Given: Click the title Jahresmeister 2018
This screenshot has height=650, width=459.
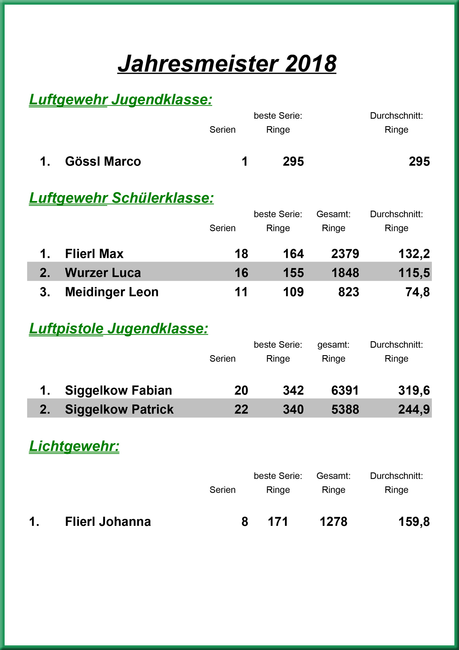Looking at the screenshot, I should (x=227, y=64).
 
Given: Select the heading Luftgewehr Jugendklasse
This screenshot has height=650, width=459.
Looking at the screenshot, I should (x=121, y=100).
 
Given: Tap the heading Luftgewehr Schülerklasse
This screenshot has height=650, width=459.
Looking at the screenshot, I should (x=121, y=198).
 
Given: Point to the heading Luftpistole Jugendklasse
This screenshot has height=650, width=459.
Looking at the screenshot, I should (x=118, y=329).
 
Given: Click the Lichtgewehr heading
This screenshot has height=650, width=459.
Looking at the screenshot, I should (x=74, y=446).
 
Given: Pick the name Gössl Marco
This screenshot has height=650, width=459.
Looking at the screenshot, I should (x=103, y=161).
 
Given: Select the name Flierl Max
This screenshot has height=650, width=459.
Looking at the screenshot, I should (x=94, y=254).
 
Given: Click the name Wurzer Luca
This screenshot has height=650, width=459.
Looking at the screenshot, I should (x=103, y=273).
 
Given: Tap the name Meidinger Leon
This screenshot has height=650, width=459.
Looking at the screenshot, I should (x=112, y=292).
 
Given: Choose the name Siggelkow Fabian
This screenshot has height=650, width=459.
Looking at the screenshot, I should (x=118, y=391).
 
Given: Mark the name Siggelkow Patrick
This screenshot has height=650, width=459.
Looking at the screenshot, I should (x=119, y=409).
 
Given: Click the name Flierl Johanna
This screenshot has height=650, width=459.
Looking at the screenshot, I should (x=108, y=522).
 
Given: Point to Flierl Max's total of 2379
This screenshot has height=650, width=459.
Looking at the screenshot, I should (x=345, y=254).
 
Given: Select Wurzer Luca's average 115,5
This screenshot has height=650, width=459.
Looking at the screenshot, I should (x=414, y=273).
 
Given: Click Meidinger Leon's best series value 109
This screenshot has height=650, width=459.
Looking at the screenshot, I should (x=293, y=292).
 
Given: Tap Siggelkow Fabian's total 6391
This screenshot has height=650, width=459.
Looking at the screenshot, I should (x=345, y=391).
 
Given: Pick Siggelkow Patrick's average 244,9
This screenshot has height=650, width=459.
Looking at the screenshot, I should (x=414, y=409).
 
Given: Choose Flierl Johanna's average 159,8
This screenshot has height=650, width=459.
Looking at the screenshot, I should (x=414, y=522).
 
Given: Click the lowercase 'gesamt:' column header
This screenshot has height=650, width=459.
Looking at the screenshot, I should (x=333, y=345).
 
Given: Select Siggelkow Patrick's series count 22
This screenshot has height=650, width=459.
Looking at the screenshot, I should (x=241, y=409).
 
